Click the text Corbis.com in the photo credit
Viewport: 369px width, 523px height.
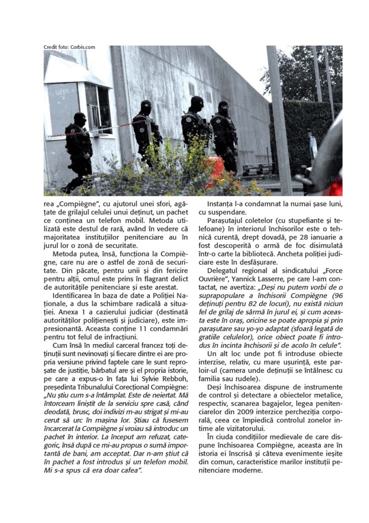83,47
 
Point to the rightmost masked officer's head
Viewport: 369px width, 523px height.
223,107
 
